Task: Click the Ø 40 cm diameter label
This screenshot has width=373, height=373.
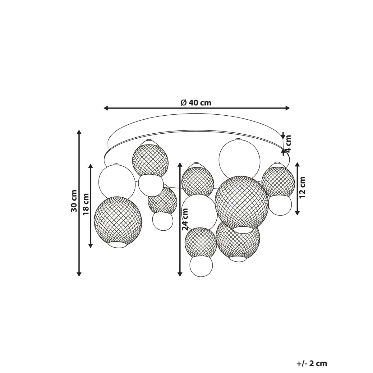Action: coord(196,103)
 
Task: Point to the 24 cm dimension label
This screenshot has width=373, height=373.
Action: coord(185,219)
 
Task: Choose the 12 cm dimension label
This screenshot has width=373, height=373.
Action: coord(302,187)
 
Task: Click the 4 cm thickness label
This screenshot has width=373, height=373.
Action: coord(288,144)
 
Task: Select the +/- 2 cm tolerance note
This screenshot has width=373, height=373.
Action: coord(312,352)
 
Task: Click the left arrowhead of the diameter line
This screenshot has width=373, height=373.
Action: coord(106,108)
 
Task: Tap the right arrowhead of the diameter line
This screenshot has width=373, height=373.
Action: coord(288,108)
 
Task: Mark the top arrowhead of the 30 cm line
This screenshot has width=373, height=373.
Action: coord(79,132)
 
